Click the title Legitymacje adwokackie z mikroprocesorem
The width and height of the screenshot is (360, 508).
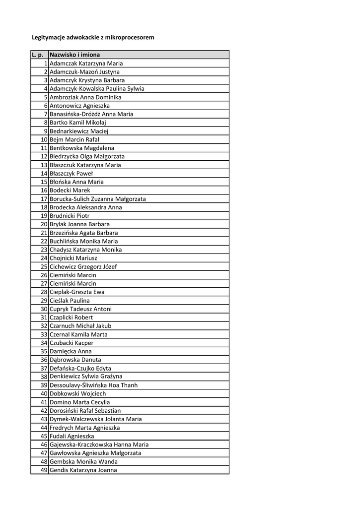93,37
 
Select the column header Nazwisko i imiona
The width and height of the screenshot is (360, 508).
74,55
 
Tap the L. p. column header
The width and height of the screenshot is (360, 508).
39,55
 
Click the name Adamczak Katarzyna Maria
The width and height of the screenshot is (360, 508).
86,63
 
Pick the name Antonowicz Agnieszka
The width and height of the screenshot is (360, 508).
80,106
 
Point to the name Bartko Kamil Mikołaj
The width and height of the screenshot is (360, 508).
78,123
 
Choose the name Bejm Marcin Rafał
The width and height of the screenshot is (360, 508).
74,139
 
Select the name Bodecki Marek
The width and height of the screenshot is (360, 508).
70,190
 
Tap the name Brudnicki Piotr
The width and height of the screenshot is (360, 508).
70,216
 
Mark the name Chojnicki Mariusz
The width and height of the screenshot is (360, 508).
73,258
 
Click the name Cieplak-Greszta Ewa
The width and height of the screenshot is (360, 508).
77,292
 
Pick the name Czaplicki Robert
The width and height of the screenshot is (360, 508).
72,317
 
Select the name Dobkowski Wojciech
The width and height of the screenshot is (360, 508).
78,394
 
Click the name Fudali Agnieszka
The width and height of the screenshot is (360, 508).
72,436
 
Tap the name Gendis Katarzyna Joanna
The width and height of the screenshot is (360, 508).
83,470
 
